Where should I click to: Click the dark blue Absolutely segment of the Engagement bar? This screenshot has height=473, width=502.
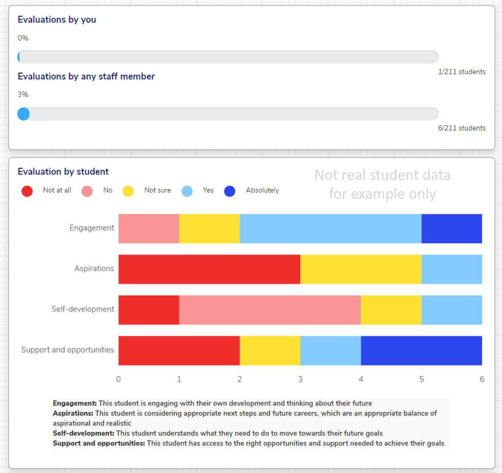(451, 229)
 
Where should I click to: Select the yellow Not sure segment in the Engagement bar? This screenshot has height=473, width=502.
(209, 229)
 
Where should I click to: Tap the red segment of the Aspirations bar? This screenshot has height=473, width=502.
(209, 269)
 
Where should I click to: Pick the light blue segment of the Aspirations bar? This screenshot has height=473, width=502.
(451, 269)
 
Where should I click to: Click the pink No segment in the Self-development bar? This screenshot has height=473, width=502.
(270, 310)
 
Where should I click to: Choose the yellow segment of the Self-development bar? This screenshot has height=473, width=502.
(391, 310)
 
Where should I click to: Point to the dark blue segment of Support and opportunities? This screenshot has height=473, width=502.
(421, 350)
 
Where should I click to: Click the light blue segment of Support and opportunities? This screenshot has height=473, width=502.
(330, 350)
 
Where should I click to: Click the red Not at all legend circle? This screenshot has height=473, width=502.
(27, 191)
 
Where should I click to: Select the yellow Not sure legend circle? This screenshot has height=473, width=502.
(128, 191)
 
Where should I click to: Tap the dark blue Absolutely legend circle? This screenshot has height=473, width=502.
(230, 191)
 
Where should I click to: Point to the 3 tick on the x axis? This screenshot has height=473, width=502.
(300, 379)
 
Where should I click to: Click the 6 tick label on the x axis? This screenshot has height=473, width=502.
(482, 379)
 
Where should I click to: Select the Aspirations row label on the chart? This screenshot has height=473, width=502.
(94, 269)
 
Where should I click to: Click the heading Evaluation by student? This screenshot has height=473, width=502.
(63, 171)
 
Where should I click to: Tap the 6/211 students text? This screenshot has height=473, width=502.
(462, 128)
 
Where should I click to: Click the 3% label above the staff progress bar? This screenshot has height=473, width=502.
(23, 94)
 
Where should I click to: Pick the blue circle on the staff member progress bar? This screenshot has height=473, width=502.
(24, 114)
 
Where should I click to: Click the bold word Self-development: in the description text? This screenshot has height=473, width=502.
(83, 433)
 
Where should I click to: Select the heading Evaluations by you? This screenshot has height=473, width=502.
(57, 19)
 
